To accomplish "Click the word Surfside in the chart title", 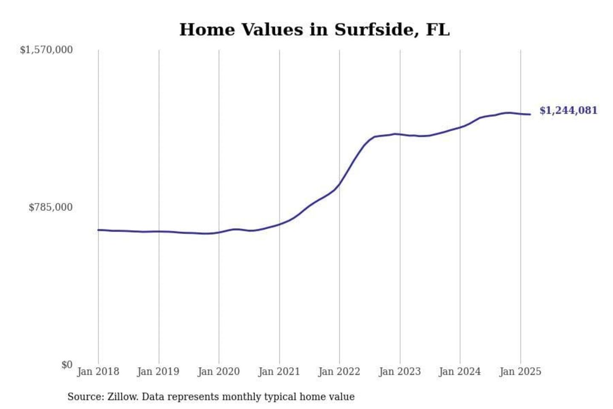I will click(x=374, y=30).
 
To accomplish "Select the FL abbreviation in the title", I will click(x=438, y=30).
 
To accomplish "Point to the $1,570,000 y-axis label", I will click(x=46, y=50).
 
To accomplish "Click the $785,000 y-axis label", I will click(x=51, y=207).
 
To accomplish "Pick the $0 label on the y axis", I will click(x=67, y=365).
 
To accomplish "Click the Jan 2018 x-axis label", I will click(x=98, y=372).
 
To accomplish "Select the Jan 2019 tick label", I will click(x=158, y=372).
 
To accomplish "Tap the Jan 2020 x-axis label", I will click(x=219, y=372).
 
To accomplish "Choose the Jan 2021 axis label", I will click(x=279, y=372).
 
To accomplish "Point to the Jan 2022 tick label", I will click(x=339, y=372).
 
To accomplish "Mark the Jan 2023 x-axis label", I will click(x=400, y=372).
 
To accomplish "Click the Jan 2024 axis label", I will click(x=460, y=372).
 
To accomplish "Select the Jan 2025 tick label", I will click(x=520, y=372).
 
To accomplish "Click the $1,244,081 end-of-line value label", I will click(x=568, y=111).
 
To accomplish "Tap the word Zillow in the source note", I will click(x=123, y=397).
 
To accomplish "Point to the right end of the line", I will click(x=530, y=114).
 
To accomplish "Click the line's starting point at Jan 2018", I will click(x=98, y=230).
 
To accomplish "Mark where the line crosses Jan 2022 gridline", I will click(x=340, y=184).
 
